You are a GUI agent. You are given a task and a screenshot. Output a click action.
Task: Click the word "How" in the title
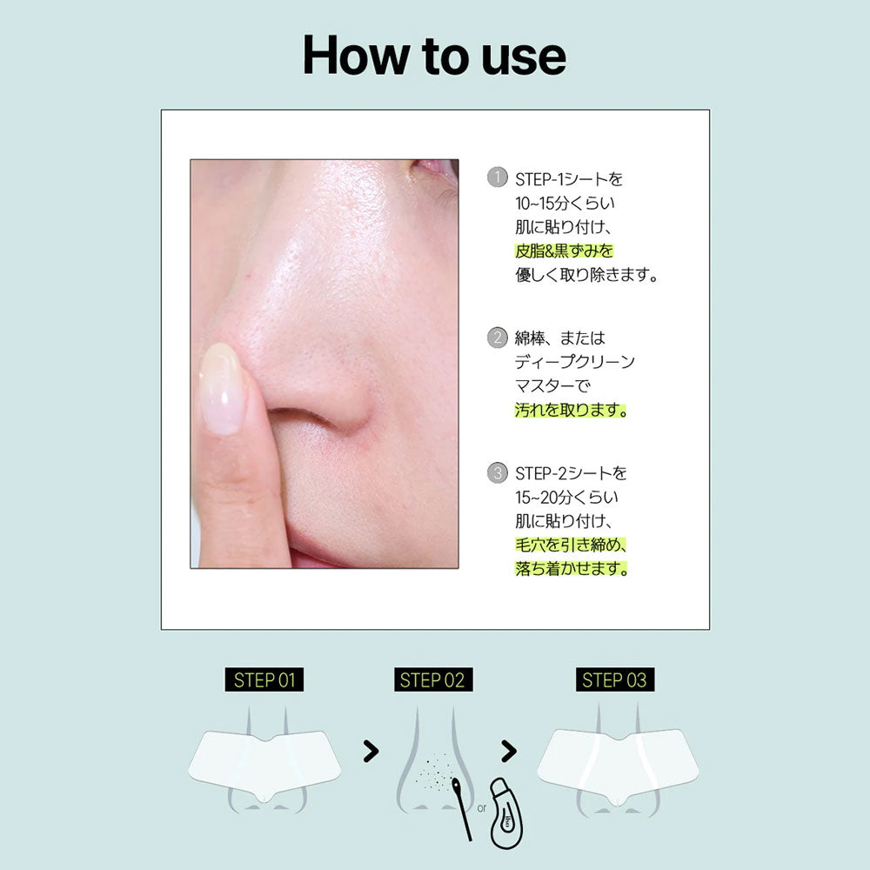point(354,55)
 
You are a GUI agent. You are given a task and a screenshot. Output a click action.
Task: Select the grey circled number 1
point(497,177)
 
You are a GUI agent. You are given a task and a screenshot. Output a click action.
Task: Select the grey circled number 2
point(497,338)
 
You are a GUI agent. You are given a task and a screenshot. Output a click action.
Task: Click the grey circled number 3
point(497,472)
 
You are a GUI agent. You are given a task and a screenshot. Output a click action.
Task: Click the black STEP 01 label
point(264,679)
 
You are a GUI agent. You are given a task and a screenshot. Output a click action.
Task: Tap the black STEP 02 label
point(432,679)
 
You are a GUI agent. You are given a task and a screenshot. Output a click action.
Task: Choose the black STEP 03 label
point(615,679)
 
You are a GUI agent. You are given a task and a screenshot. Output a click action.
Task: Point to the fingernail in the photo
point(222,387)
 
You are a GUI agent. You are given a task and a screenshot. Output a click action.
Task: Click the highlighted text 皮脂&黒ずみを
point(564,251)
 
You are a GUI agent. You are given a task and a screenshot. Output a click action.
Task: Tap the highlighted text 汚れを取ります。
point(571,410)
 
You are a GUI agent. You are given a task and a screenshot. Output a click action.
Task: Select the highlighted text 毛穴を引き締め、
point(571,545)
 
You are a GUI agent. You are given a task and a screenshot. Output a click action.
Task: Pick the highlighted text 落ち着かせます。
point(572,569)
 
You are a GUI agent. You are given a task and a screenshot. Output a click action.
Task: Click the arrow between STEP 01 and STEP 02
point(371,752)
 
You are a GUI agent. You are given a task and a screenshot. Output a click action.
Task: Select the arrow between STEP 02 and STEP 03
point(509,752)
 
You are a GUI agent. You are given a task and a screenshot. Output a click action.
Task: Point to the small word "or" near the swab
point(482,808)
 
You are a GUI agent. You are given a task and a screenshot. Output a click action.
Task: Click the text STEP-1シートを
point(569,179)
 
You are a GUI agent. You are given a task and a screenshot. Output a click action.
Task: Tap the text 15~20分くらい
point(566,497)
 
